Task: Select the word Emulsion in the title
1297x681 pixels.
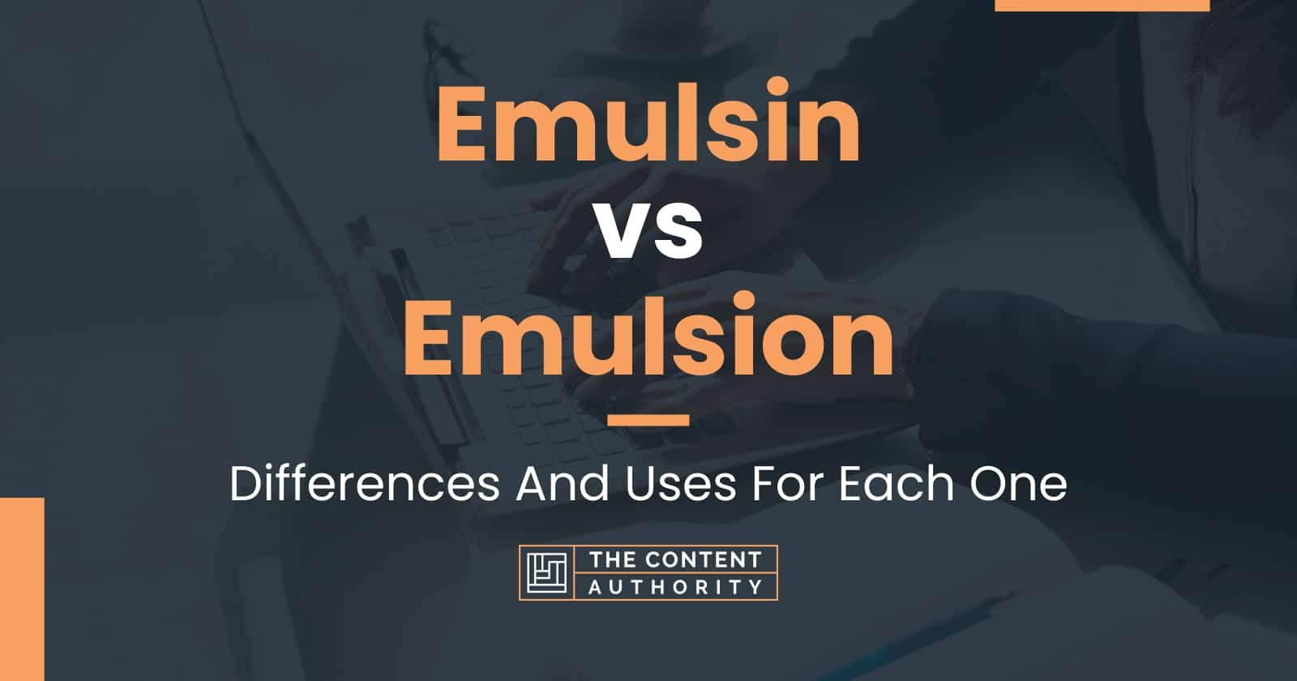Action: click(x=648, y=336)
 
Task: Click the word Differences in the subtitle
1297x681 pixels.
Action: click(x=365, y=484)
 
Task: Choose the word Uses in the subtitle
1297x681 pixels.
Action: click(x=680, y=484)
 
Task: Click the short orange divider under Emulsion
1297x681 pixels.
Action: click(x=648, y=420)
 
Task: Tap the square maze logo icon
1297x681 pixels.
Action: click(x=546, y=572)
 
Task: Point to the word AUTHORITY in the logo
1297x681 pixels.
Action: click(x=676, y=587)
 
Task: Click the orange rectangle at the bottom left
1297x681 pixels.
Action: click(x=22, y=589)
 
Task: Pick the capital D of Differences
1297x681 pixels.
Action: click(x=246, y=484)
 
